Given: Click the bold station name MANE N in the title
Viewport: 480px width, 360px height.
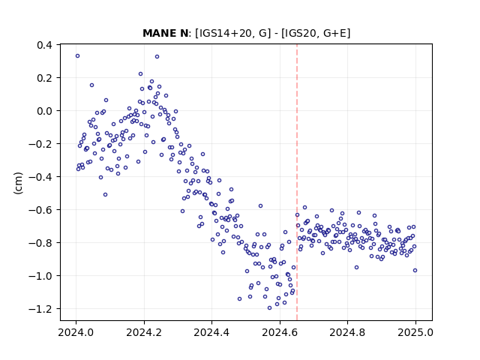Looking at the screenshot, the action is click(x=165, y=33).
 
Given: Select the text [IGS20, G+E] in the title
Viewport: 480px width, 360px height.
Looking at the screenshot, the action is click(x=316, y=33).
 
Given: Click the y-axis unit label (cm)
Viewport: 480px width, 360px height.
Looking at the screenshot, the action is click(x=18, y=183).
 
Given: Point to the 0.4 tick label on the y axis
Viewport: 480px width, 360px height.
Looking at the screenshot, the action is click(x=45, y=45).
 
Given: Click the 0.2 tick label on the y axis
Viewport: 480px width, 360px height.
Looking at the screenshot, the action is click(x=45, y=78).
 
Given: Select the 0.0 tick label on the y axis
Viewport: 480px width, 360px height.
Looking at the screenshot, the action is click(x=45, y=111).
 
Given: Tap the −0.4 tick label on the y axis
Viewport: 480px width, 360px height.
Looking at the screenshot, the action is click(x=40, y=177).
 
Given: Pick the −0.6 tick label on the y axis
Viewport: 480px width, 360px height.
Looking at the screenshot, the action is click(x=40, y=210).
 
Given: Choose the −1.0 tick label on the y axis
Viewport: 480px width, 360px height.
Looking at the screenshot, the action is click(x=40, y=276).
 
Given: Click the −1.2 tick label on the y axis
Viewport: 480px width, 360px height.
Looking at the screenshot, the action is click(x=40, y=309).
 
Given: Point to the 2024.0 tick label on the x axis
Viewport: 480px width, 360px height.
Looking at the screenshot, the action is click(x=76, y=332).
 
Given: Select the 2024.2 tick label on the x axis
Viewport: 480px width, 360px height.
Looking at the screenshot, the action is click(x=144, y=332).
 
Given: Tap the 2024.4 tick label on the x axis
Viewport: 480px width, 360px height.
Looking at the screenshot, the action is click(x=211, y=332).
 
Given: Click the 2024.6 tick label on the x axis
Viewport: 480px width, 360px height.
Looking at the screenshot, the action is click(x=280, y=332).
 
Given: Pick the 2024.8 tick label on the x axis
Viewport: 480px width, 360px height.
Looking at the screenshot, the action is click(x=347, y=332).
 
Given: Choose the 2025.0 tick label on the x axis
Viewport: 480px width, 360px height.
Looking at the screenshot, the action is click(x=415, y=332).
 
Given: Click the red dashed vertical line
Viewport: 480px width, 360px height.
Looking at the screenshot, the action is click(x=297, y=182).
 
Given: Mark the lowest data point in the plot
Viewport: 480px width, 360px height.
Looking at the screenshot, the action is click(x=270, y=308).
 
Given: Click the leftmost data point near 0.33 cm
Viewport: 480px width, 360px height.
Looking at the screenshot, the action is click(x=78, y=56).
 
